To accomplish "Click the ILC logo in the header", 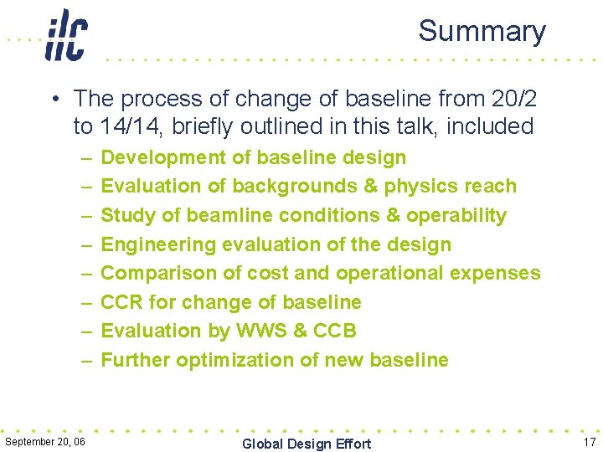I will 66,35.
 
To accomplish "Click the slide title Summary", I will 482,31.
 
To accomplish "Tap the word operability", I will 456,215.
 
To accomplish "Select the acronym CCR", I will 121,302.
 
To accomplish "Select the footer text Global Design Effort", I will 306,443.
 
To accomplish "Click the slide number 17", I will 588,440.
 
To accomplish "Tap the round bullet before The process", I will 54,99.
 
